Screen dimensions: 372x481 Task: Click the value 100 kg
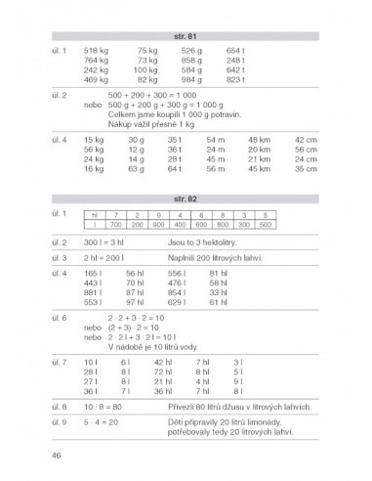(145, 69)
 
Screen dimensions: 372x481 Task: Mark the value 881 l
(94, 291)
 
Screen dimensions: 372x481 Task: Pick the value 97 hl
(135, 302)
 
